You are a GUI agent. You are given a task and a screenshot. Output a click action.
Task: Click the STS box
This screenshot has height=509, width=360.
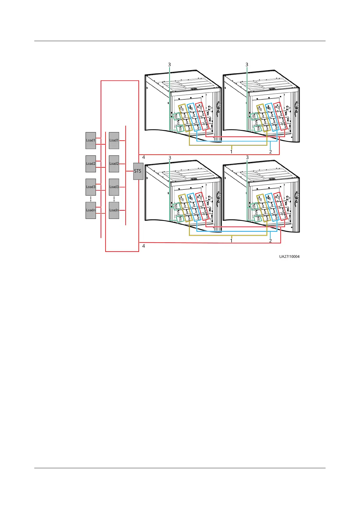(x=138, y=171)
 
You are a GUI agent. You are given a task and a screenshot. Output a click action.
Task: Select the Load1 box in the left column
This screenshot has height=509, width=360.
(x=91, y=141)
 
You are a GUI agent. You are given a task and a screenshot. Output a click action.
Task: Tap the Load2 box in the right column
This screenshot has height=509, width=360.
(x=114, y=164)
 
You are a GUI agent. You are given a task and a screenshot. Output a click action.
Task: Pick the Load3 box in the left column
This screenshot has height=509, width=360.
(x=91, y=187)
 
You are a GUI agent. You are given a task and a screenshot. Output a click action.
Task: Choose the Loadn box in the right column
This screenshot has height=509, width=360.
(x=114, y=210)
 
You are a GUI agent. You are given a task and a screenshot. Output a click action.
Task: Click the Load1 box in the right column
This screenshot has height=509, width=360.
(x=114, y=141)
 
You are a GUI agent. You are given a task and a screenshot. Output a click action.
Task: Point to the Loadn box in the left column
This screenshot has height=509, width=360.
(x=91, y=210)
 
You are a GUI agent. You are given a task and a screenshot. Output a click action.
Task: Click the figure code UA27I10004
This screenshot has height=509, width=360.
(x=289, y=257)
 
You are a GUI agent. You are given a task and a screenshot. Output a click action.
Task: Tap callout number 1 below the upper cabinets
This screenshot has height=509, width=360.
(x=232, y=152)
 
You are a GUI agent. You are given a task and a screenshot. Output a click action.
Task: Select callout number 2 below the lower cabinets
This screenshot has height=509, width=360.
(x=271, y=241)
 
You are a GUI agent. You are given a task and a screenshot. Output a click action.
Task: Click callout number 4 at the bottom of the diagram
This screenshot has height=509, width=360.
(x=144, y=246)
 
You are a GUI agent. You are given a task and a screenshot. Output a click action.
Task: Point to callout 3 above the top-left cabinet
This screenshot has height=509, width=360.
(x=170, y=65)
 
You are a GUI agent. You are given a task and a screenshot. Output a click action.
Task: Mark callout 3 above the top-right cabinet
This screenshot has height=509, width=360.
(x=247, y=65)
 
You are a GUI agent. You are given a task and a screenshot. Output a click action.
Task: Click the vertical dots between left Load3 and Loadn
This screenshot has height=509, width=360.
(x=91, y=199)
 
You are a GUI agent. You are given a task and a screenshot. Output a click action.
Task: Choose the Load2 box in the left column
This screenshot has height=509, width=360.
(x=91, y=164)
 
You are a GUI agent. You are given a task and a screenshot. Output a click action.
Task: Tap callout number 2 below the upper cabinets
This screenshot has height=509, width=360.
(x=271, y=152)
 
